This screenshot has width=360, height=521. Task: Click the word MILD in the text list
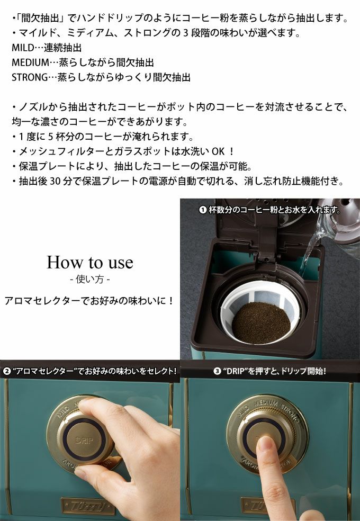pos(23,48)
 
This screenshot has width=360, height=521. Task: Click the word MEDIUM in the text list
pos(30,62)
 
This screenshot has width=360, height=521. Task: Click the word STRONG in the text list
pos(30,77)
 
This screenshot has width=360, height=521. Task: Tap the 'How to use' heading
pos(90,263)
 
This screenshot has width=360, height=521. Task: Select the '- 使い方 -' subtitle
pos(90,279)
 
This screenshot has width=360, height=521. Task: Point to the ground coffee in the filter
pos(261,322)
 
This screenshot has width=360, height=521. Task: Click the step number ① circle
pos(203,210)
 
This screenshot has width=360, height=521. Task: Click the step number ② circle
pos(7,371)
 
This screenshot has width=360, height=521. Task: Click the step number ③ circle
pos(217,371)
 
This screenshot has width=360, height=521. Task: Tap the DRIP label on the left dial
pos(84,441)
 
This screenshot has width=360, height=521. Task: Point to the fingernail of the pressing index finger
pos(265,444)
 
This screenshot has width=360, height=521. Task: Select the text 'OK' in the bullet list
pos(218,151)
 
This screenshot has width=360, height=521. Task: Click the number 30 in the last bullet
pos(55,181)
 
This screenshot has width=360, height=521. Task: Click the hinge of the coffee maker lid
pos(268,256)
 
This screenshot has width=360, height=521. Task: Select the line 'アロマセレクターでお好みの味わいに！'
pos(89,301)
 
